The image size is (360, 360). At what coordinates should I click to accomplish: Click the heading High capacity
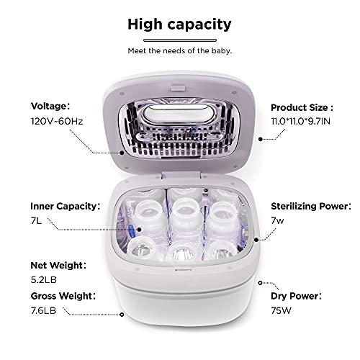click(179, 24)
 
